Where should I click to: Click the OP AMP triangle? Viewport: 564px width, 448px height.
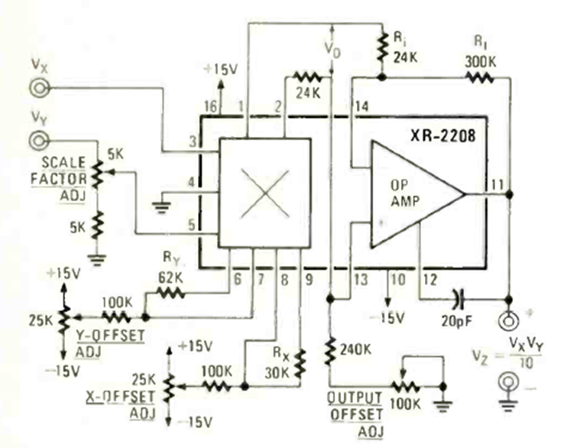(x=413, y=194)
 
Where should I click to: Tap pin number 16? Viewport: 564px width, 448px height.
(x=211, y=106)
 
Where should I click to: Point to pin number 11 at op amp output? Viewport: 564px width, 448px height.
(x=497, y=184)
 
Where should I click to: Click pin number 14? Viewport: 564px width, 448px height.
(x=360, y=106)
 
